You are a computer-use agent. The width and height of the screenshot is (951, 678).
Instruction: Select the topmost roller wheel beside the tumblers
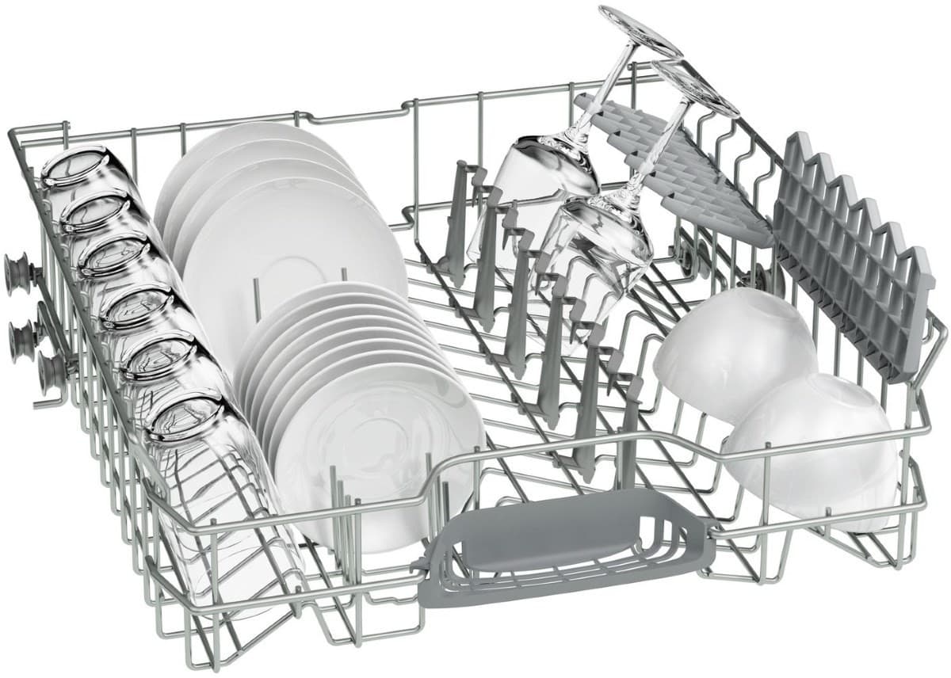point(17,273)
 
